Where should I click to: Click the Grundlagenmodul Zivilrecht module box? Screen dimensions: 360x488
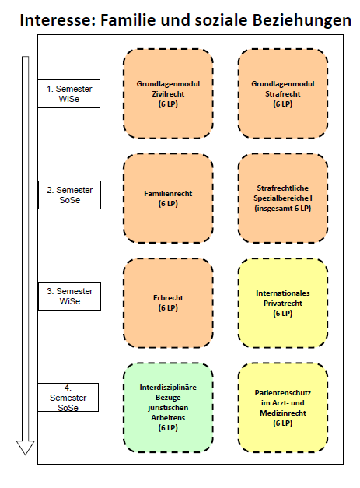pyautogui.click(x=168, y=93)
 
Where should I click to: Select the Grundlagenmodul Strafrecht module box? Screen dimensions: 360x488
pyautogui.click(x=283, y=93)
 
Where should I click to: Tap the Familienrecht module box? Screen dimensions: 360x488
pyautogui.click(x=168, y=198)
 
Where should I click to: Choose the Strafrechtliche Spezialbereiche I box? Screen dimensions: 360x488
pyautogui.click(x=283, y=198)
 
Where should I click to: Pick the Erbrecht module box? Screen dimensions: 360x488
pyautogui.click(x=168, y=303)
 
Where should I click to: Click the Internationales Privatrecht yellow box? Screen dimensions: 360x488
pyautogui.click(x=283, y=303)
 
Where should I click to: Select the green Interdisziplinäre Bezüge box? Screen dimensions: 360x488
pyautogui.click(x=168, y=408)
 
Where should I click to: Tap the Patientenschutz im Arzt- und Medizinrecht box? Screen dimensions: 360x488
pyautogui.click(x=283, y=408)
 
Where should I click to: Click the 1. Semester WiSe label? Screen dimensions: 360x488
pyautogui.click(x=69, y=93)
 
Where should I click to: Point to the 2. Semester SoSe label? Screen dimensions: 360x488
pyautogui.click(x=70, y=195)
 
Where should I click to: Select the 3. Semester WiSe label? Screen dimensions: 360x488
pyautogui.click(x=70, y=296)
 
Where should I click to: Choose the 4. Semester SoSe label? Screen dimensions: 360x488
pyautogui.click(x=68, y=398)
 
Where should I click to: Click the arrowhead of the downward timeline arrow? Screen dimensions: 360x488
pyautogui.click(x=25, y=448)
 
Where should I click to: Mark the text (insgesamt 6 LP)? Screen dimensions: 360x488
pyautogui.click(x=283, y=209)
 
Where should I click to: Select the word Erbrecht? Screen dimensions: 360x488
pyautogui.click(x=168, y=298)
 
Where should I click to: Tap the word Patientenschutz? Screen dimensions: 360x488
pyautogui.click(x=283, y=393)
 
